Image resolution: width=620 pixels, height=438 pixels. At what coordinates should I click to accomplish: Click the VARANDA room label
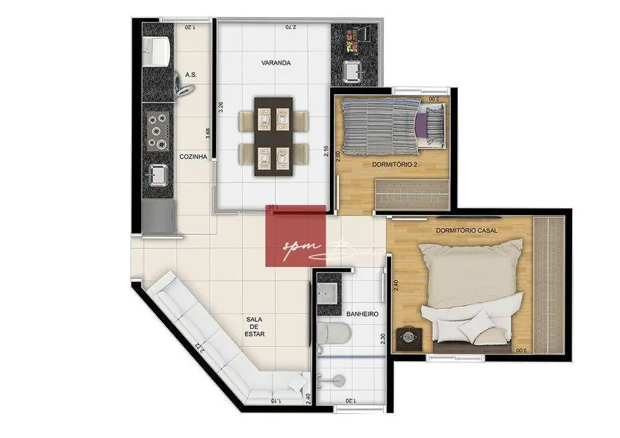(276, 63)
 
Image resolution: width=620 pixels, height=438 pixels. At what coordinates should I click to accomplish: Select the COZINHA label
(192, 156)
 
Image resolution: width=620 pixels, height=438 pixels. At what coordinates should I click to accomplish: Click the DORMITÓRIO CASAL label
(467, 230)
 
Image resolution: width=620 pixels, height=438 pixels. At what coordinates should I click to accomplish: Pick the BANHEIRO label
(362, 314)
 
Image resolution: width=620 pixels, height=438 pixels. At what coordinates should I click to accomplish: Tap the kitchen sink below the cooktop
(158, 175)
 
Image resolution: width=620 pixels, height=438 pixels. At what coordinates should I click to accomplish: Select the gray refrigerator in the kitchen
(158, 217)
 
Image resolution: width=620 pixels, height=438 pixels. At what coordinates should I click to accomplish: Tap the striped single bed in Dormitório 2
(381, 125)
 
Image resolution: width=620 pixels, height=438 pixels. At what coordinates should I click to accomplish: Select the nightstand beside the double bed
(409, 336)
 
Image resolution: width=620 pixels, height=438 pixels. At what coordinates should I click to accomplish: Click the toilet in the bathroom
(333, 332)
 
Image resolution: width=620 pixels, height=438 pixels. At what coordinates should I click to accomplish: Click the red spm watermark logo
(296, 236)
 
